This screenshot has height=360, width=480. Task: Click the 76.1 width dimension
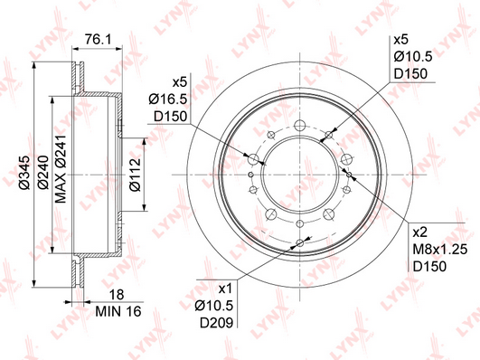click(x=98, y=40)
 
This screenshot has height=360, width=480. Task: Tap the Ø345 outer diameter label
click(x=25, y=173)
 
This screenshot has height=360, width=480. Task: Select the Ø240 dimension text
click(x=42, y=172)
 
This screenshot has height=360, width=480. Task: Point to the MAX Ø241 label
click(x=61, y=168)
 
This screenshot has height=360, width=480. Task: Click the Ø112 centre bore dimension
click(x=135, y=175)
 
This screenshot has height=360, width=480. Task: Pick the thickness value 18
click(x=117, y=295)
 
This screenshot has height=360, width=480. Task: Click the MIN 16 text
click(x=118, y=311)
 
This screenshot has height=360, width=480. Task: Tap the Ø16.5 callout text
click(x=168, y=99)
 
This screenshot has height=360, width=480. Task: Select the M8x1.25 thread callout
click(x=440, y=250)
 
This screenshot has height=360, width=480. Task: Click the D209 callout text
click(x=217, y=323)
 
